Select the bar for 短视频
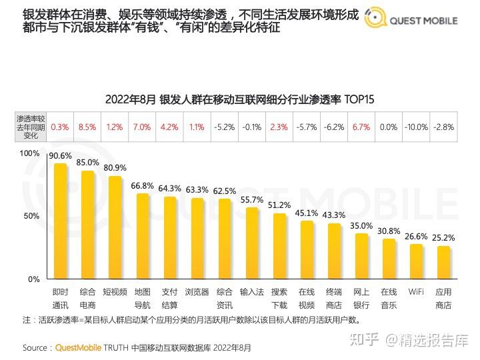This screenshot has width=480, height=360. [x=115, y=227]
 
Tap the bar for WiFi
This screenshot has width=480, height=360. [x=416, y=261]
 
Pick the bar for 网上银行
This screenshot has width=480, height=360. [x=361, y=256]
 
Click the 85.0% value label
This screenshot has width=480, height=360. [x=87, y=162]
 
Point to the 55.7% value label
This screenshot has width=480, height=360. [x=252, y=199]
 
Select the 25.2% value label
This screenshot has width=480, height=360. [x=443, y=237]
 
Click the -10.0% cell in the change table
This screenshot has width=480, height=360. [x=416, y=126]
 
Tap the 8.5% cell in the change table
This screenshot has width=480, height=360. [x=87, y=126]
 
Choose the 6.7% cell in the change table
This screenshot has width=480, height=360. [x=361, y=126]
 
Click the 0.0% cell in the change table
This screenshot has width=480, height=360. [x=389, y=126]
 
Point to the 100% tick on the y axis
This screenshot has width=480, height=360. [x=30, y=153]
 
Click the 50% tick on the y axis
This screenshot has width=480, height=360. [x=32, y=216]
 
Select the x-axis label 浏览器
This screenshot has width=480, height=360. [x=197, y=292]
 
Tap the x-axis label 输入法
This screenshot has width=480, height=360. [x=252, y=292]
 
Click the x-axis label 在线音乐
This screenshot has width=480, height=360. [x=389, y=298]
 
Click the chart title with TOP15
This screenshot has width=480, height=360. [x=240, y=99]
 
